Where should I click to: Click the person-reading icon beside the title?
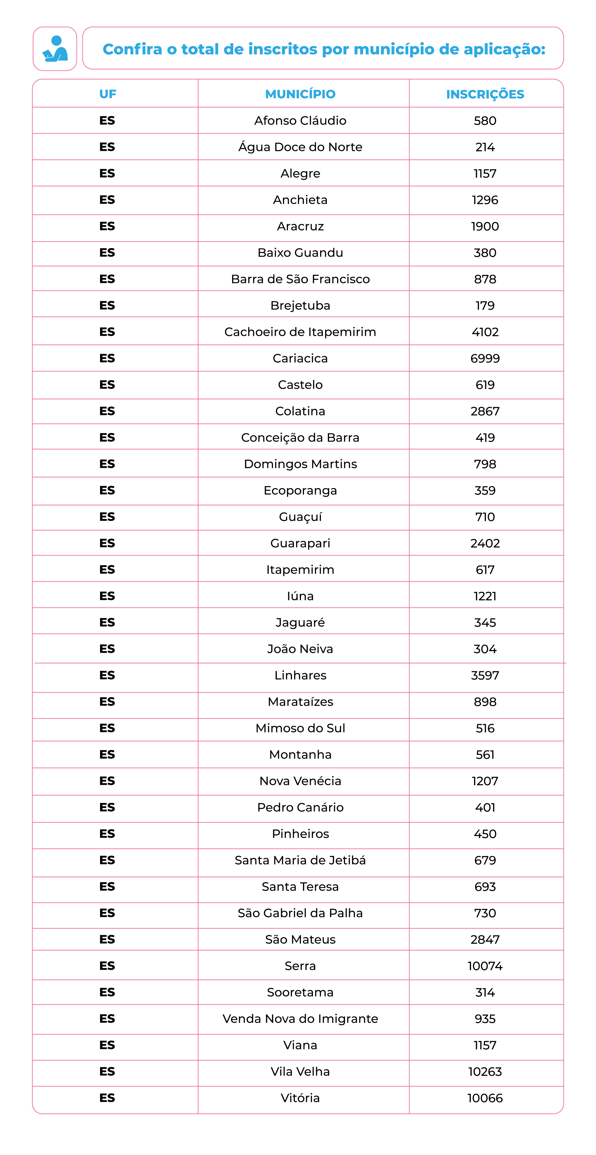(55, 49)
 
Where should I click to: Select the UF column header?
(108, 94)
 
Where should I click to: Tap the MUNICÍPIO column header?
(300, 94)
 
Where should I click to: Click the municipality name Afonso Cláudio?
(300, 121)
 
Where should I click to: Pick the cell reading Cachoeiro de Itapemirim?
(300, 332)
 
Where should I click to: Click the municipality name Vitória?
(300, 1098)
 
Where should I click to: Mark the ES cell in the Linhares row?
(107, 675)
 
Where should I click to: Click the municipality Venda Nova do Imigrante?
(300, 1019)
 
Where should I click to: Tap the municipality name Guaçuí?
(300, 517)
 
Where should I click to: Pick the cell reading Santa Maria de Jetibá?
(300, 860)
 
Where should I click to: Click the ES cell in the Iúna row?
(107, 596)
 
